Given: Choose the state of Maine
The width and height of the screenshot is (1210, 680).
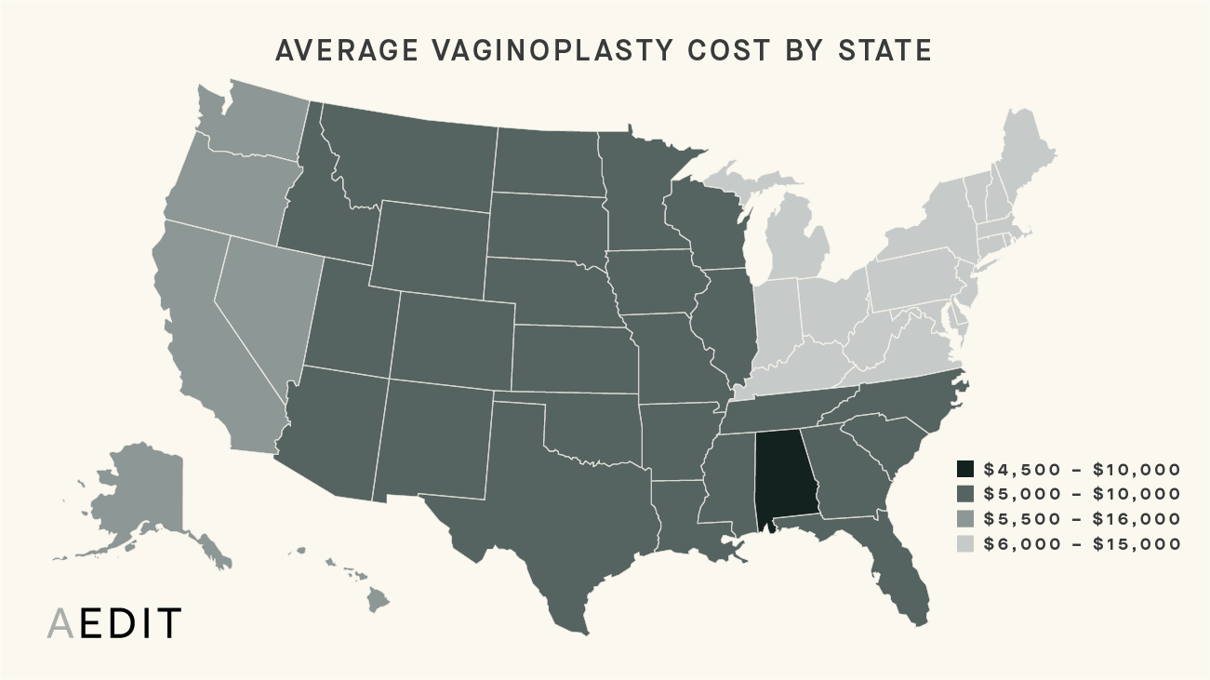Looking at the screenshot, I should click(x=1028, y=149).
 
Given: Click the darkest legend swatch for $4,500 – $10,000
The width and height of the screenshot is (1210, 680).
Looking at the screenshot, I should click(x=966, y=469).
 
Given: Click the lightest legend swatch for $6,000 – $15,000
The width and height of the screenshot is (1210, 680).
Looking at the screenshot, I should click(x=966, y=544).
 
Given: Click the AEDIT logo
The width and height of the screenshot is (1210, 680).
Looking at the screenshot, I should click(x=114, y=624).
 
